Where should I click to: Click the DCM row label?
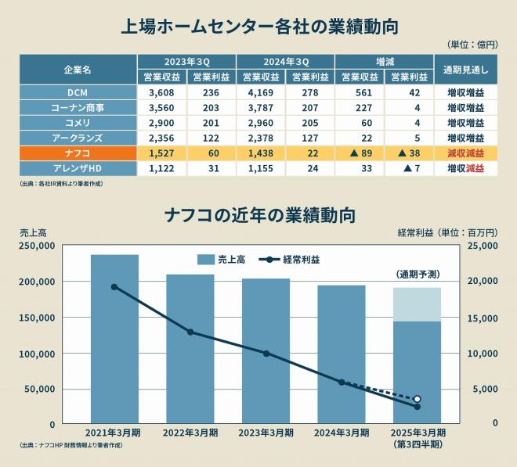pos(78,92)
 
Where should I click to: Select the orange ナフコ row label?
pos(78,153)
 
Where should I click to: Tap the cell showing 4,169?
pos(261,92)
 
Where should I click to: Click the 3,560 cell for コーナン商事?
pos(161,108)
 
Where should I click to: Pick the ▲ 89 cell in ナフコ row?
pos(360,153)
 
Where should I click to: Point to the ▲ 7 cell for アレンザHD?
pos(409,168)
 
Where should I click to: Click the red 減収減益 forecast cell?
pos(465,153)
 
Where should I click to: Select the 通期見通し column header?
pos(465,70)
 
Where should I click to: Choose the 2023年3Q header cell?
pos(186,62)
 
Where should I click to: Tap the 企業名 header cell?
pos(78,70)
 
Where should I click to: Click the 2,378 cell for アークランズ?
pos(261,138)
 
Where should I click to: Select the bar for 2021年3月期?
pos(114,339)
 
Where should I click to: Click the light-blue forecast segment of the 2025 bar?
pos(417,304)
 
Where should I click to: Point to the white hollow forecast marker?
pos(417,399)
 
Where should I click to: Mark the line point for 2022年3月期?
pos(190,332)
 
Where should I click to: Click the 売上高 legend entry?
pos(221,260)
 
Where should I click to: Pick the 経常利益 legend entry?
pos(289,260)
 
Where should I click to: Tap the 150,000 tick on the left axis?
pos(38,318)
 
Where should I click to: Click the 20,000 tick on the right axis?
pos(483,281)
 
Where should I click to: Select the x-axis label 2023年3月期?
pos(266,433)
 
